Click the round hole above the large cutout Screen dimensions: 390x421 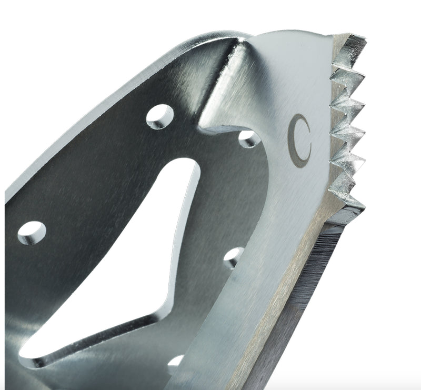pyautogui.click(x=160, y=116)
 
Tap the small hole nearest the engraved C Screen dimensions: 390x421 pyautogui.click(x=248, y=138)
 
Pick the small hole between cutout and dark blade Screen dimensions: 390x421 pyautogui.click(x=233, y=257)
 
